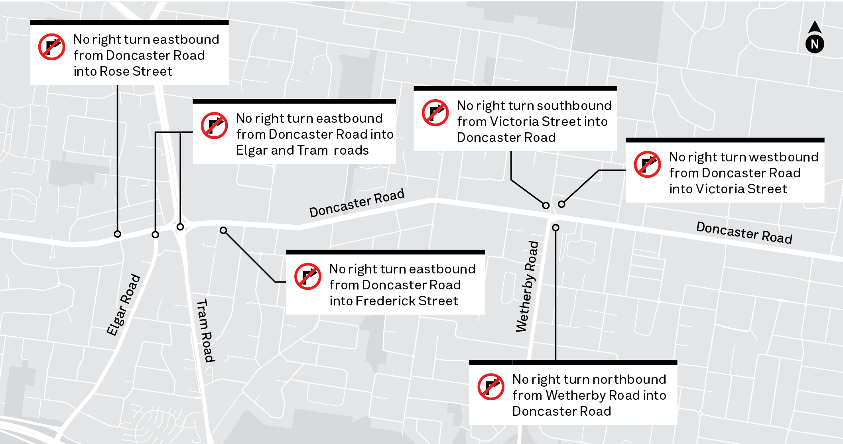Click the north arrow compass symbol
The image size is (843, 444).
tap(815, 38)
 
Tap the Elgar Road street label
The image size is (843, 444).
tap(123, 305)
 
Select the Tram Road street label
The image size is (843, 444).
tap(206, 330)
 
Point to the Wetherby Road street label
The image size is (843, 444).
tap(527, 287)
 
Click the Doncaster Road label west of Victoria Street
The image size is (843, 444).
tap(357, 203)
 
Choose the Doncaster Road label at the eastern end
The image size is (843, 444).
tap(744, 232)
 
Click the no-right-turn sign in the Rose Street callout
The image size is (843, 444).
tap(52, 47)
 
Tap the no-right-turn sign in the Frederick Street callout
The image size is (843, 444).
tap(308, 276)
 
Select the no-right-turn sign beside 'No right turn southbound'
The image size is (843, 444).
tap(435, 113)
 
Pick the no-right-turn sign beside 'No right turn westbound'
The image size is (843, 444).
tap(648, 164)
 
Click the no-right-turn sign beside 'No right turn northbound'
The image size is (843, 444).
tap(491, 387)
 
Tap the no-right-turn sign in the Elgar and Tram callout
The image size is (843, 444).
tap(215, 126)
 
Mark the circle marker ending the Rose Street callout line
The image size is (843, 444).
tap(117, 234)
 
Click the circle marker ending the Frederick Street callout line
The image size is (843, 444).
tap(223, 230)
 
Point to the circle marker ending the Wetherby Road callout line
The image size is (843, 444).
tap(555, 228)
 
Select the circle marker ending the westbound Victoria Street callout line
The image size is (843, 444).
tap(561, 204)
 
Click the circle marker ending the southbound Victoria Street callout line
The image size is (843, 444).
tap(546, 206)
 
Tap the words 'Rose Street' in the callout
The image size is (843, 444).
tap(136, 71)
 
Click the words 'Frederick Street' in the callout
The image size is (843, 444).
tap(407, 301)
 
